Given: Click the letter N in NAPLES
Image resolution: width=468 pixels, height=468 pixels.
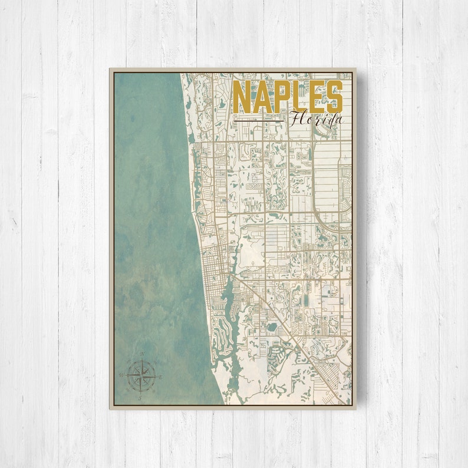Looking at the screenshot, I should (241, 97).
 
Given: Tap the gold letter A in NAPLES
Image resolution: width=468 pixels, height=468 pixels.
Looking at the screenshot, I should (259, 97).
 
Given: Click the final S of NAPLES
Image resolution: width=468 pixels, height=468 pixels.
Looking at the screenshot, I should (334, 97).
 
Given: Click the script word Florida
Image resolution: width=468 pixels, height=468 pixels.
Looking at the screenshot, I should (316, 119).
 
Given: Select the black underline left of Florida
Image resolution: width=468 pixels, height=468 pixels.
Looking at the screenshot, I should (259, 121).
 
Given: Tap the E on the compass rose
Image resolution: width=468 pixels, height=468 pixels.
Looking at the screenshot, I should (160, 375).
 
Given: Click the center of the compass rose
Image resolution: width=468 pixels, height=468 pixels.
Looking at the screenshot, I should (141, 375).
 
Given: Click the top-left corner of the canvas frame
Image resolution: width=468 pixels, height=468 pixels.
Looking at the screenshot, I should (110, 69).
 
